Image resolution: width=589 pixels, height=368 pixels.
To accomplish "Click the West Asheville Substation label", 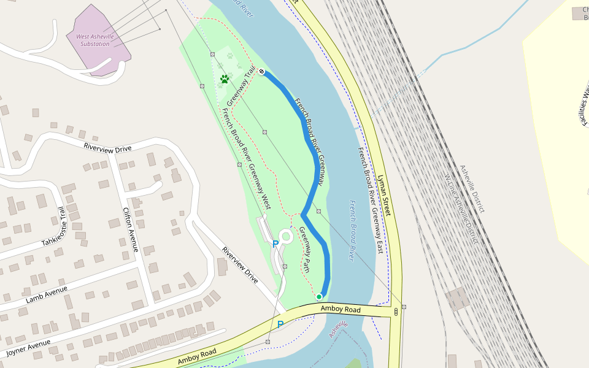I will (x=94, y=40).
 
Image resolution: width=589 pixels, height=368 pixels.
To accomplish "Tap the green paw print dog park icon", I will (x=225, y=79).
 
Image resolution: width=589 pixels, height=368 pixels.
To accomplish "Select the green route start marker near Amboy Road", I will (x=319, y=297).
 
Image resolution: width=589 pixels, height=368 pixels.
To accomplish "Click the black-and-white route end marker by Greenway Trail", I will (x=262, y=72).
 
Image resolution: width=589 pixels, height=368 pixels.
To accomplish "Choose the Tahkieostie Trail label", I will (x=53, y=228).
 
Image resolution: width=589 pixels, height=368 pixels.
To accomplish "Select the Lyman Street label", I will (x=384, y=194).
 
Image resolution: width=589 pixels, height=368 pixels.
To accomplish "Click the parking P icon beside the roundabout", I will (x=275, y=244).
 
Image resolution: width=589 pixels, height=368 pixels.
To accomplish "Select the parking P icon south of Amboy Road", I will (x=280, y=324).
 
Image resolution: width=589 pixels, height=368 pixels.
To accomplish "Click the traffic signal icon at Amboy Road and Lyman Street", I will (x=396, y=312).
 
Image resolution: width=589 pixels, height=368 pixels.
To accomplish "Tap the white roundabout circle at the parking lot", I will (x=286, y=235).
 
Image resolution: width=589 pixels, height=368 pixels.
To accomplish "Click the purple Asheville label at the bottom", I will (x=338, y=329).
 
